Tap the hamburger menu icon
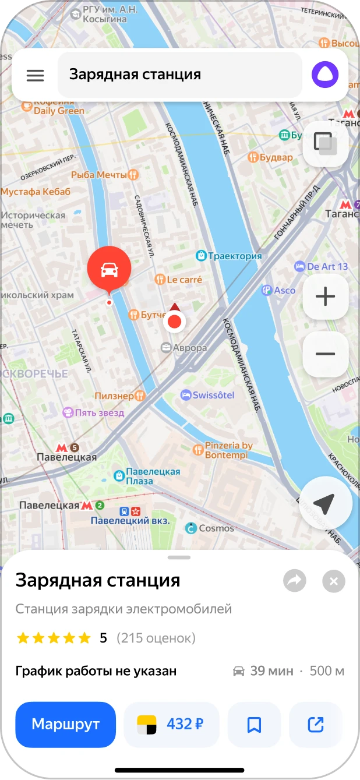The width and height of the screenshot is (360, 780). pyautogui.click(x=36, y=75)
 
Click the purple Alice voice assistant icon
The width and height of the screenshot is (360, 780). pyautogui.click(x=324, y=75)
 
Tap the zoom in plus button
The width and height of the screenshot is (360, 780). pyautogui.click(x=325, y=297)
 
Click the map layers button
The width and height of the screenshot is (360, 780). pyautogui.click(x=325, y=143)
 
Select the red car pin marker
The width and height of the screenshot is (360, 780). pyautogui.click(x=109, y=270)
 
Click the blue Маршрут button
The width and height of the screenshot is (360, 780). pyautogui.click(x=66, y=724)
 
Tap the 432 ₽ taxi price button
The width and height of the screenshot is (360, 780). pyautogui.click(x=171, y=724)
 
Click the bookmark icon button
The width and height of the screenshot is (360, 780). pyautogui.click(x=254, y=724)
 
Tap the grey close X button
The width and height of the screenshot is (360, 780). pyautogui.click(x=334, y=581)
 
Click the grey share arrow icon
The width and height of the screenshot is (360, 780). pyautogui.click(x=295, y=581)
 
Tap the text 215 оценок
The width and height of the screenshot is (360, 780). pyautogui.click(x=156, y=638)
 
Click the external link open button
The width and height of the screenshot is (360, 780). pyautogui.click(x=315, y=724)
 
